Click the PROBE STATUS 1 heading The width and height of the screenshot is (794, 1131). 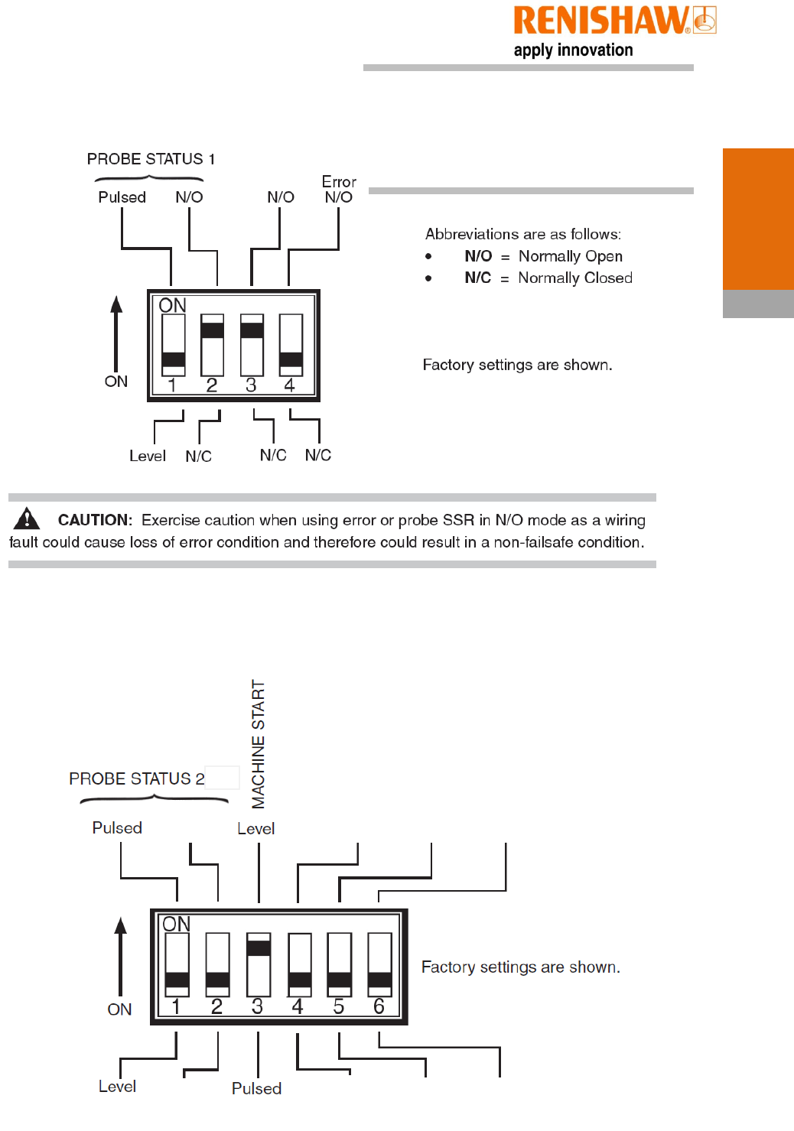click(x=151, y=159)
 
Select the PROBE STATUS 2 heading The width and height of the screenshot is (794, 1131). click(x=136, y=778)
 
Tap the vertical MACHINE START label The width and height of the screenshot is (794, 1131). click(x=259, y=744)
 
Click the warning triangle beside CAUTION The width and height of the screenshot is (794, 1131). click(x=27, y=518)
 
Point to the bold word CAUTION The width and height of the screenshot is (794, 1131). click(x=94, y=520)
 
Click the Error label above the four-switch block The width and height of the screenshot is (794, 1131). click(x=339, y=182)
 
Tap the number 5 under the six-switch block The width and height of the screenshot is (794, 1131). click(x=339, y=1006)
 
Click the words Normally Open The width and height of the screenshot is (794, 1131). click(x=570, y=256)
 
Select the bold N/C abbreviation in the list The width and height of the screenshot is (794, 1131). click(x=478, y=278)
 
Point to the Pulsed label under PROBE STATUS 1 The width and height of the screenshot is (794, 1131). click(x=122, y=197)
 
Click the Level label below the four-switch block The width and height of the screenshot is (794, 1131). click(x=147, y=457)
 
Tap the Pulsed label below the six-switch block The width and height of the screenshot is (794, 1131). click(x=256, y=1088)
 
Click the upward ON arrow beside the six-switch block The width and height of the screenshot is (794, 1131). click(x=120, y=956)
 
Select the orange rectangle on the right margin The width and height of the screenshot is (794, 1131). click(x=758, y=219)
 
